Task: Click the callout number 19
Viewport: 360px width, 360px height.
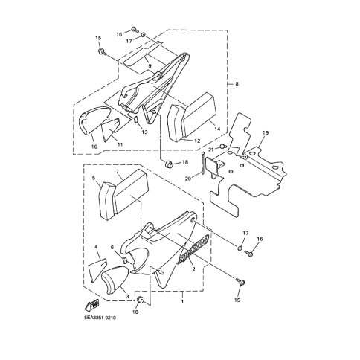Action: (265, 133)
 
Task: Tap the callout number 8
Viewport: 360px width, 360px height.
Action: (237, 84)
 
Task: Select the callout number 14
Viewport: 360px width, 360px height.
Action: (217, 129)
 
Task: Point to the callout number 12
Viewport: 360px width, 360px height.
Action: (197, 141)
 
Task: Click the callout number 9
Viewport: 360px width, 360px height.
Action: (150, 66)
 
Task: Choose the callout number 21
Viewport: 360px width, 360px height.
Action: (211, 150)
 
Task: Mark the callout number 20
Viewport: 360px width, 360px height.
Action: (188, 178)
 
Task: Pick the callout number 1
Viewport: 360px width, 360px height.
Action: (182, 302)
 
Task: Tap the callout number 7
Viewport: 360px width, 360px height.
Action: (118, 171)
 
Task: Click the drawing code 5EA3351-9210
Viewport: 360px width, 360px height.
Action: (100, 318)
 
